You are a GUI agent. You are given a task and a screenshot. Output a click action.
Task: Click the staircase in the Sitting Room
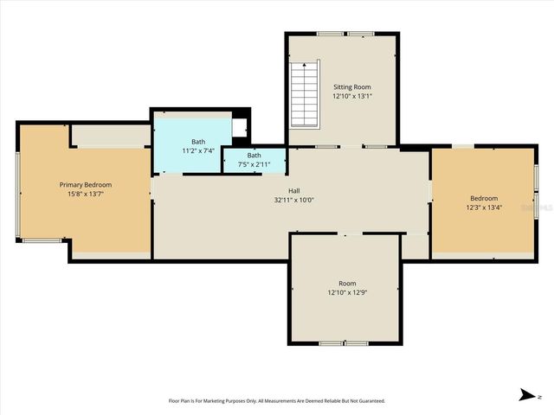(x=306, y=96)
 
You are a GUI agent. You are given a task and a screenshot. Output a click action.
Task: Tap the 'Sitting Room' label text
(x=351, y=87)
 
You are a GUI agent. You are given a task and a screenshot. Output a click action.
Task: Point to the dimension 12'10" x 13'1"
(x=351, y=97)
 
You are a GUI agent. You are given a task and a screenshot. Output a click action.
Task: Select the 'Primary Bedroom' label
(x=85, y=185)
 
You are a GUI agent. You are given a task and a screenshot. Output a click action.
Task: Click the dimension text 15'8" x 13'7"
(x=85, y=195)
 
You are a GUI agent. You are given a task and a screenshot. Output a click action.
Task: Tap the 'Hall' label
(x=294, y=190)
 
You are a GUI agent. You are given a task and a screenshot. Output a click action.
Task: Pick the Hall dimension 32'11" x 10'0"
(x=294, y=200)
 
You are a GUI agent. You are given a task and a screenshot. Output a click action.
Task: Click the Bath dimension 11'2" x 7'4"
(x=198, y=151)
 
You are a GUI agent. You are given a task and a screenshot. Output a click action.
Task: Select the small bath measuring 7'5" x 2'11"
(x=254, y=160)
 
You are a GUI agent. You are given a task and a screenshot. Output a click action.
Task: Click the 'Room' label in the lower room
(x=346, y=284)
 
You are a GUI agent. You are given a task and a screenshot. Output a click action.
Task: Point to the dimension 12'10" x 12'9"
(x=346, y=293)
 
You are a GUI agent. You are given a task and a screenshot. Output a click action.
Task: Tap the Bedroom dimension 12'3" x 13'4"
(x=483, y=208)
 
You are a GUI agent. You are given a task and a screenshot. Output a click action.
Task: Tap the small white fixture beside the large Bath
(x=240, y=128)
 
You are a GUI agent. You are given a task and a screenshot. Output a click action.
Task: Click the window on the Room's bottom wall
(x=345, y=344)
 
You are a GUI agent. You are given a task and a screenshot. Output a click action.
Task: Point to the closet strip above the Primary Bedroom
(x=110, y=135)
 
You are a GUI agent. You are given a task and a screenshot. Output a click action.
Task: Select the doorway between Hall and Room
(x=345, y=233)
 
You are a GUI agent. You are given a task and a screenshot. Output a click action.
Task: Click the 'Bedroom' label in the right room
(x=483, y=199)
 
